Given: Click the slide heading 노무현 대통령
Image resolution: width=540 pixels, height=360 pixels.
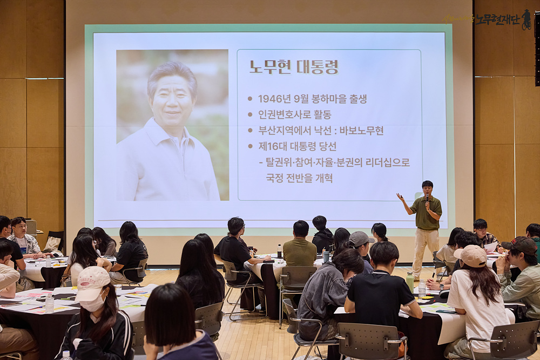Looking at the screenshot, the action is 294,67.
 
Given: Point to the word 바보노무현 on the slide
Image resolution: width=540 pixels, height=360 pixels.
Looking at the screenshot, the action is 362,131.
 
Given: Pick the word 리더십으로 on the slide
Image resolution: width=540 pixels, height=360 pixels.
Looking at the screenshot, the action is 388,162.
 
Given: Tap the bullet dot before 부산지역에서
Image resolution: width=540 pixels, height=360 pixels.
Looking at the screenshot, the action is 251,131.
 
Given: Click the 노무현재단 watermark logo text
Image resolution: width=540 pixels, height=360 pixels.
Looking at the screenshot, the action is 497,19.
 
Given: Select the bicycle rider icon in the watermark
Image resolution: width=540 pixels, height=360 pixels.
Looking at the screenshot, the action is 526,19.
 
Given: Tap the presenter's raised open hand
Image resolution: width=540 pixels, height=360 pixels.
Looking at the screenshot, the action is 400,197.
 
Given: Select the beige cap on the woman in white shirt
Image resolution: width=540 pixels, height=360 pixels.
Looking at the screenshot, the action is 471,256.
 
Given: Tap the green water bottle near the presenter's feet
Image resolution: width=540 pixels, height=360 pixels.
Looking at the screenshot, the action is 410,282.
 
